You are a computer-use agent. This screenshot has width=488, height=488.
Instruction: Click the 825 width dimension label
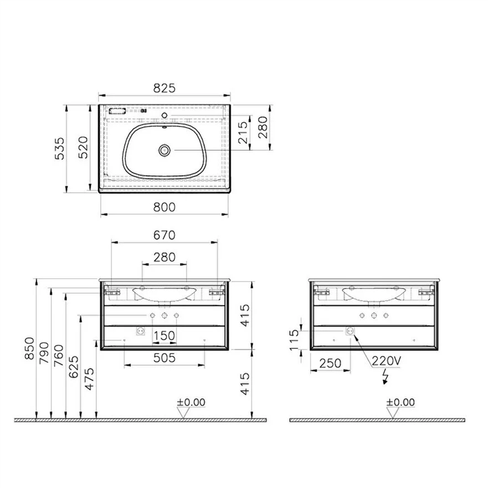tap(164, 88)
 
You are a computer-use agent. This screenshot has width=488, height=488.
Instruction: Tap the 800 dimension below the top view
tap(164, 207)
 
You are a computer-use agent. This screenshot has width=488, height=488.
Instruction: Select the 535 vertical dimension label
tap(59, 148)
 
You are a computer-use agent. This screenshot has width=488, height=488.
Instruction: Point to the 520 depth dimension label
tap(83, 147)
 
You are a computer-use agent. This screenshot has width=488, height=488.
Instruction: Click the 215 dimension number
tap(243, 132)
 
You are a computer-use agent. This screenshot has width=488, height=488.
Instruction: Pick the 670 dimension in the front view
tap(164, 235)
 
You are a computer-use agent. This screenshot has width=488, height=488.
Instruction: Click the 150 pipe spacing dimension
tap(164, 336)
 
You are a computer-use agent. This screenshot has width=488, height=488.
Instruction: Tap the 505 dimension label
tap(164, 358)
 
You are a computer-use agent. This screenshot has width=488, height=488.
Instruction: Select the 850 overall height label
tap(29, 348)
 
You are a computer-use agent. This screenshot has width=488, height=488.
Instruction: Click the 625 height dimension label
tap(74, 367)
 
